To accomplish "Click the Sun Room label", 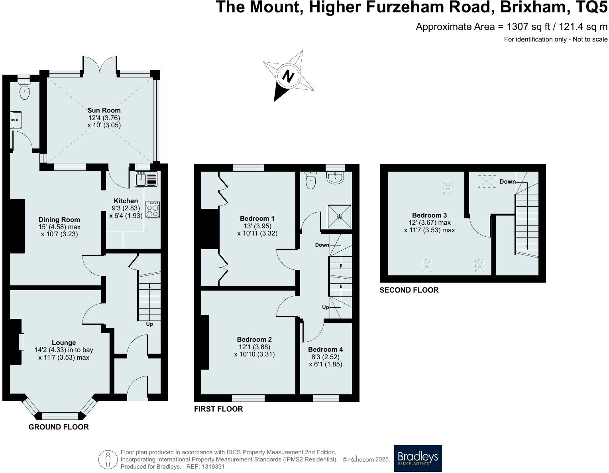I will pyautogui.click(x=104, y=110).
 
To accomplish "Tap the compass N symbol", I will pyautogui.click(x=288, y=76).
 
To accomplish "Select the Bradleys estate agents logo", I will pyautogui.click(x=418, y=458).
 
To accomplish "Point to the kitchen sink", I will pyautogui.click(x=142, y=179).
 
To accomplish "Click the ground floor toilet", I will pyautogui.click(x=25, y=91).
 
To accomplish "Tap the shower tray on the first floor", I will pyautogui.click(x=339, y=217).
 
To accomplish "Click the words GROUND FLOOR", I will pyautogui.click(x=59, y=427).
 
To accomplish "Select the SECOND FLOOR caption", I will pyautogui.click(x=409, y=290).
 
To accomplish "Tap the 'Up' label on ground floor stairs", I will pyautogui.click(x=149, y=324).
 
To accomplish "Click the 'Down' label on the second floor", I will pyautogui.click(x=507, y=182).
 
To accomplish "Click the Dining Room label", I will pyautogui.click(x=59, y=220).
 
